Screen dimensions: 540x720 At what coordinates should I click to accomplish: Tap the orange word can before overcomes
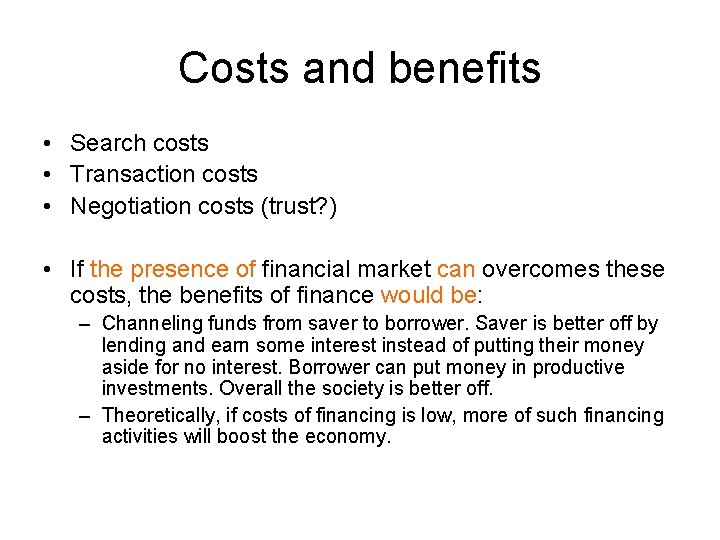[x=455, y=269]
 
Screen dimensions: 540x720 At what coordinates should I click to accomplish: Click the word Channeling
[x=151, y=324]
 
